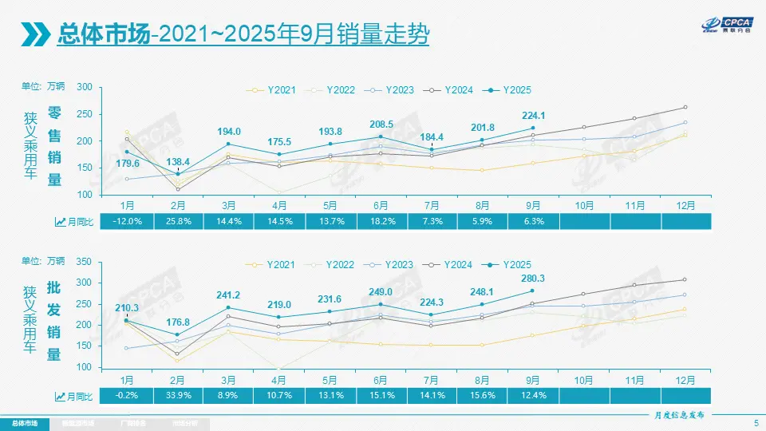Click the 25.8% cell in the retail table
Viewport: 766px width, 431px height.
(x=179, y=221)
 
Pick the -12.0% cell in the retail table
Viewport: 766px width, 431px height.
(x=128, y=221)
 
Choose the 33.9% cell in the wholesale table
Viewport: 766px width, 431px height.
(x=179, y=395)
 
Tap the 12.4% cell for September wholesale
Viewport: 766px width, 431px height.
(x=534, y=395)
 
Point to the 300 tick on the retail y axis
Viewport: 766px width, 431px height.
(x=85, y=87)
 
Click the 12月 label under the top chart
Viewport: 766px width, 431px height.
(x=685, y=205)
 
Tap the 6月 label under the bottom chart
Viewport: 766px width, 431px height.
(x=381, y=378)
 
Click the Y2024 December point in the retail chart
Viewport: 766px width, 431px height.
(x=685, y=107)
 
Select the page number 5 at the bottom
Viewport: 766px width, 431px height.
(x=756, y=422)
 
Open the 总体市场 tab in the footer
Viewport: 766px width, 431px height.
(x=24, y=422)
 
